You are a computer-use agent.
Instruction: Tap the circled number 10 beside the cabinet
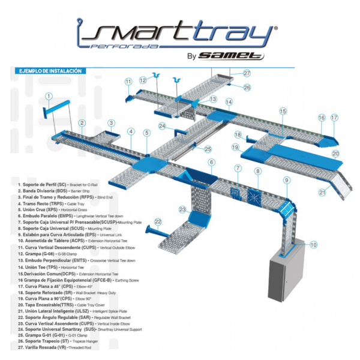coord(313,245)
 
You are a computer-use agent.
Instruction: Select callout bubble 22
coord(158,221)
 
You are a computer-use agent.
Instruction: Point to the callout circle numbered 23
coord(182,209)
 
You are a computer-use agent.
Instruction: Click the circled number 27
coord(247,73)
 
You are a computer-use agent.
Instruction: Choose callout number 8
coord(257,172)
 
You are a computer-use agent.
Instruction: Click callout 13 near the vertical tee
coord(213,99)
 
